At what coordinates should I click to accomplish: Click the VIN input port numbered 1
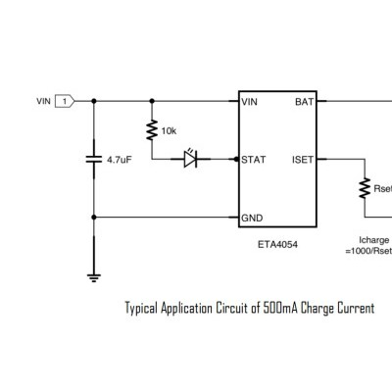65,101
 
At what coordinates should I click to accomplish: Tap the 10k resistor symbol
152,130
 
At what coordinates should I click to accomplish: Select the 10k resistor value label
169,131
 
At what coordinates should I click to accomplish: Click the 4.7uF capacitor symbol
94,160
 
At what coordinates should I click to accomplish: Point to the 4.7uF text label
120,160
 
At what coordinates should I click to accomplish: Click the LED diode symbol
190,159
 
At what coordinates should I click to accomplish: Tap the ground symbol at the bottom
94,277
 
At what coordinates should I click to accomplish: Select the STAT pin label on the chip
254,160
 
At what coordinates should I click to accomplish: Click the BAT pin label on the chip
304,102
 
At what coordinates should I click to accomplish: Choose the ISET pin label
303,160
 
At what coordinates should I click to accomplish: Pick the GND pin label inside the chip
252,218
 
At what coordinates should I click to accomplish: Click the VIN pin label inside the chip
249,102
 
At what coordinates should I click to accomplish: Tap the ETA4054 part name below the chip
277,244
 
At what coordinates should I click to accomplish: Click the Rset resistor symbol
365,188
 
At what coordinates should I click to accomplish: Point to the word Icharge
374,240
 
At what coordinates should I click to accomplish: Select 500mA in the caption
280,308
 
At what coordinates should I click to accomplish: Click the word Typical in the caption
141,309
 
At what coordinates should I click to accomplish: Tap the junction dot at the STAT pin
236,160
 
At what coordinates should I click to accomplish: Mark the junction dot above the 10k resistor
152,101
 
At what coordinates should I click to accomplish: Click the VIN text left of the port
43,101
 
